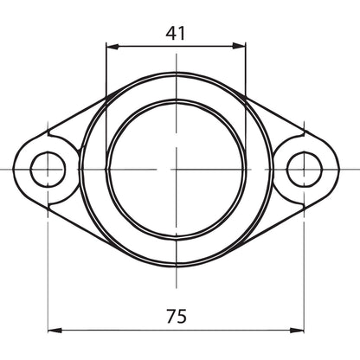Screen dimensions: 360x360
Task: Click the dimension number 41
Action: pos(176,33)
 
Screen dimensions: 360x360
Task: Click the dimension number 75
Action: pos(177,316)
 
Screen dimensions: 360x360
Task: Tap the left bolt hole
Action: pos(48,170)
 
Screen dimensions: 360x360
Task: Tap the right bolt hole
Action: pos(305,170)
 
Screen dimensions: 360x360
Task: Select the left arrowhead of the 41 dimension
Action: pos(112,46)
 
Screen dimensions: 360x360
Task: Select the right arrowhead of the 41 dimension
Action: pos(239,46)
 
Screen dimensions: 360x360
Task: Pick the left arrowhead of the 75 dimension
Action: pos(55,331)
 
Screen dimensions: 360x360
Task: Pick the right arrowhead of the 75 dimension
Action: pos(297,331)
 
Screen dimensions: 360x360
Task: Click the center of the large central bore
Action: pos(176,170)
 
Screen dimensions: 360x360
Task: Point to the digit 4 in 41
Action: pos(170,34)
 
